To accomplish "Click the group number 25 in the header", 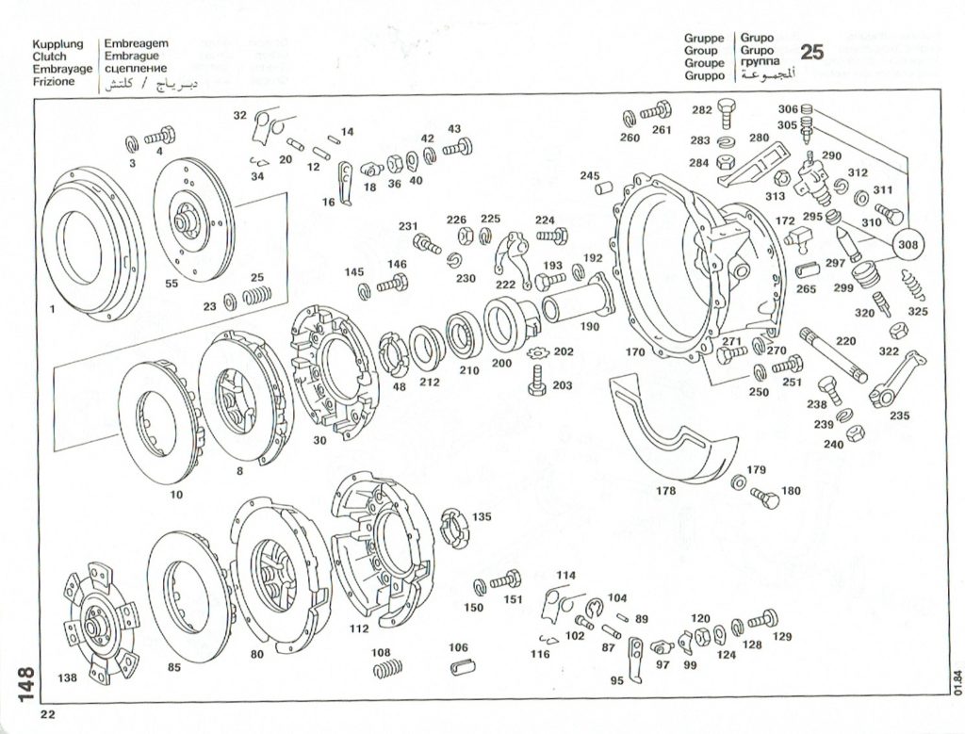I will click(x=810, y=52).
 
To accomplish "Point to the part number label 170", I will click(x=635, y=352).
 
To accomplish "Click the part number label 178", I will click(x=666, y=491).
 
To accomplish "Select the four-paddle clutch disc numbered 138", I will click(x=94, y=623).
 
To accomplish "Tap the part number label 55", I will click(x=172, y=283).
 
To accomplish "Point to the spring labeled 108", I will click(x=384, y=670).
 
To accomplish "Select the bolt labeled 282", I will click(x=726, y=116).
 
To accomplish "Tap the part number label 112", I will click(x=358, y=628).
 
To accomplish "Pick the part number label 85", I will click(x=173, y=668).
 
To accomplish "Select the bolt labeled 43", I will click(x=459, y=147).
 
